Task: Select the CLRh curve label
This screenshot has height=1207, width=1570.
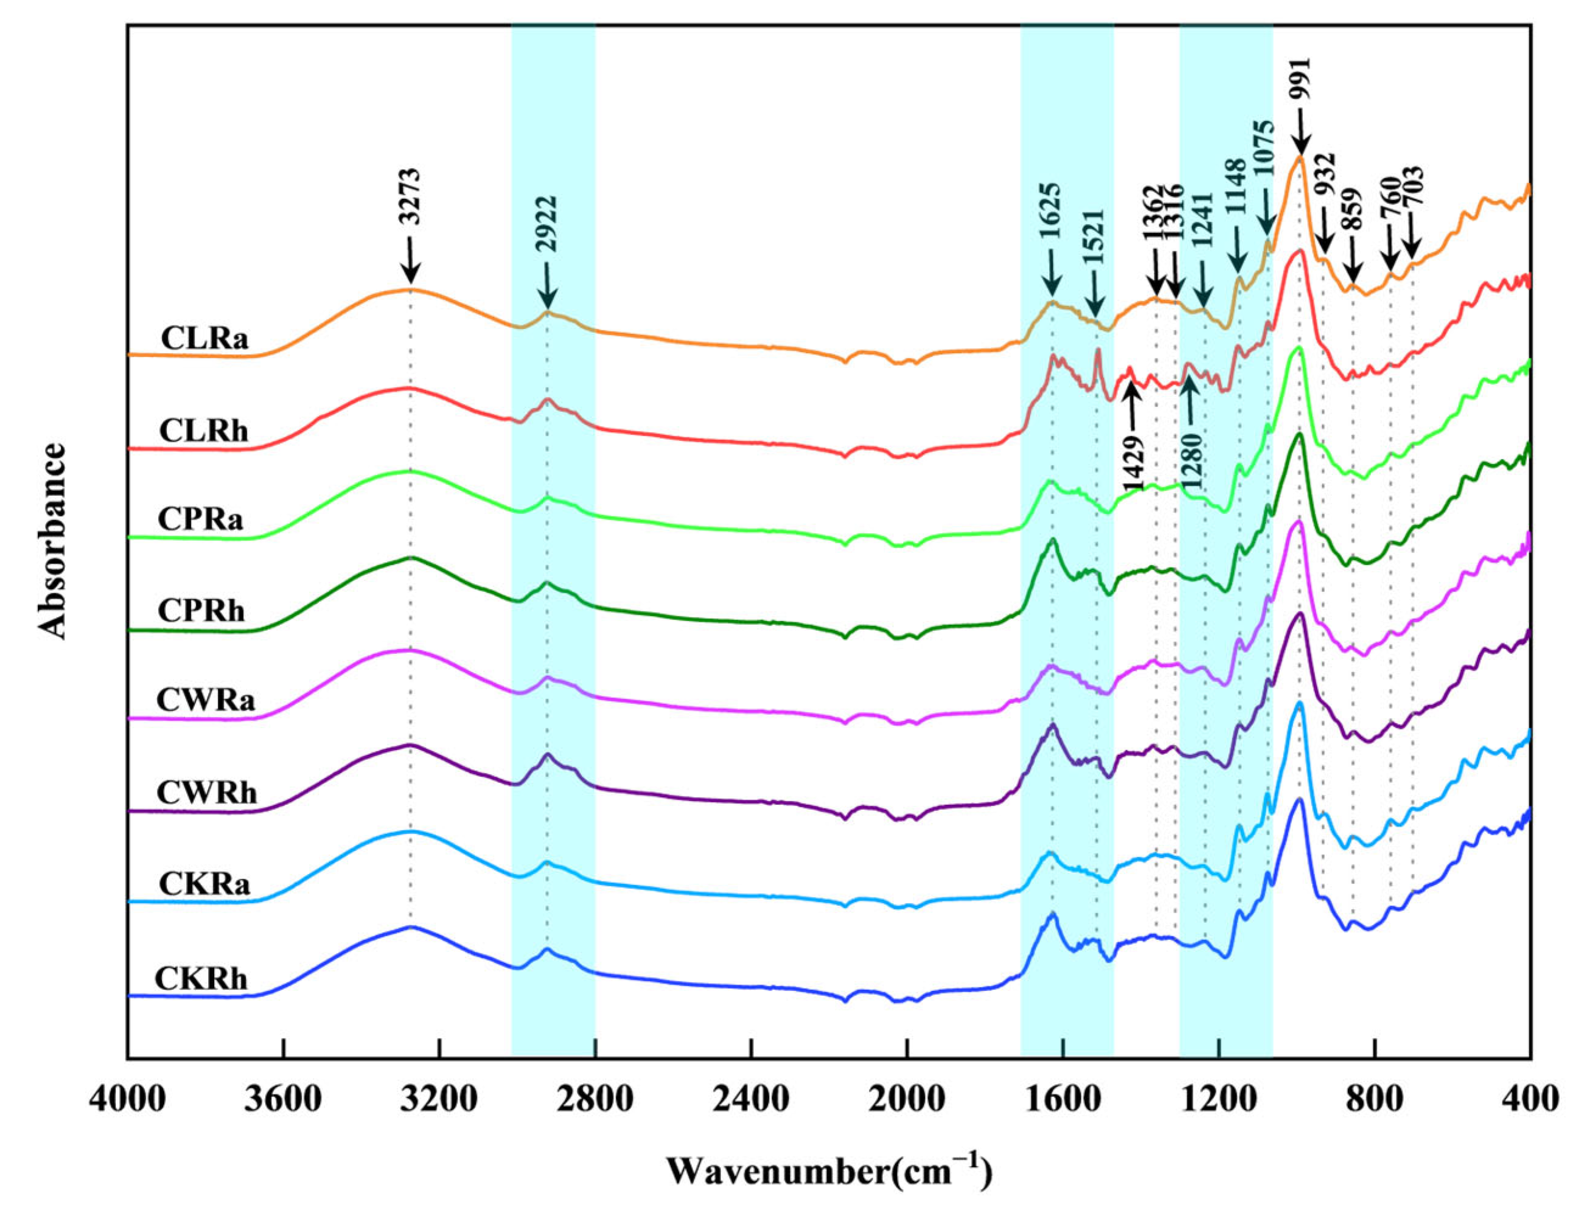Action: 203,431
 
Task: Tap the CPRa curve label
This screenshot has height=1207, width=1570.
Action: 200,519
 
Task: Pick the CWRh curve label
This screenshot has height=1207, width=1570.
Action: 206,793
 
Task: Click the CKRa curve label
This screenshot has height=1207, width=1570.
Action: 204,884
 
